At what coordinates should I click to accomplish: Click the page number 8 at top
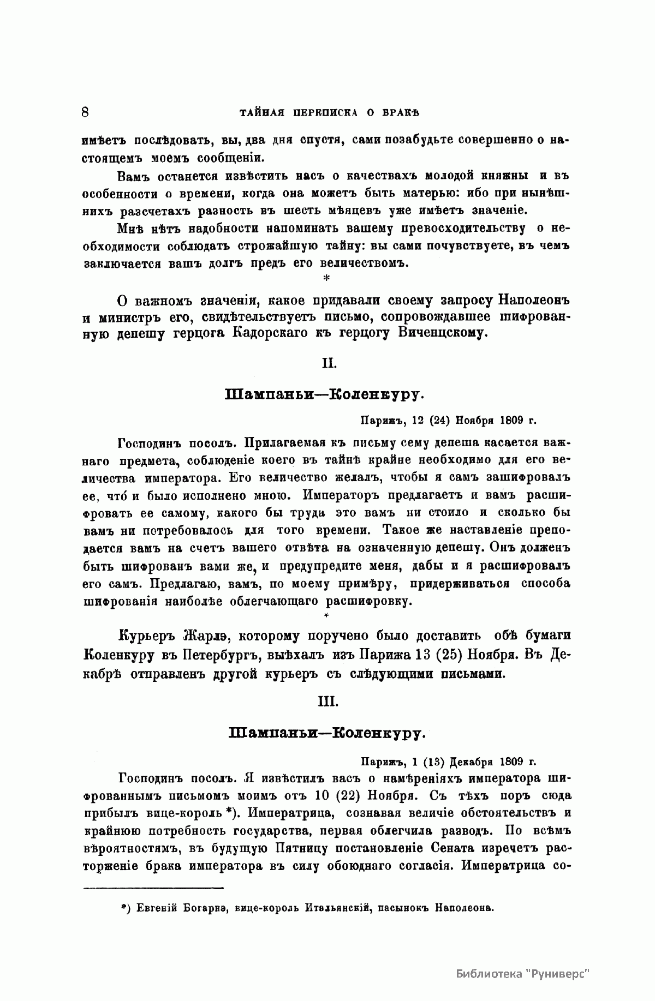[x=85, y=113]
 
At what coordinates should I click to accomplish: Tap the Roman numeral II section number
[x=328, y=363]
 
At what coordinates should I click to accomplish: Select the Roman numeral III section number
[x=328, y=702]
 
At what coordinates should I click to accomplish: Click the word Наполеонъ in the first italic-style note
[x=534, y=301]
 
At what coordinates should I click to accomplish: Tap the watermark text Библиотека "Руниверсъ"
[x=523, y=974]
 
